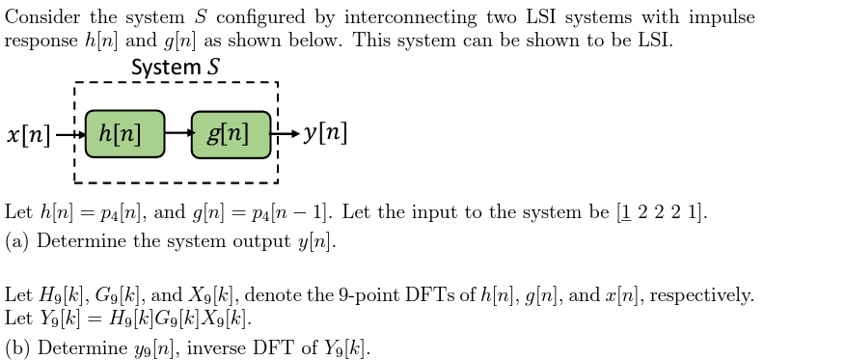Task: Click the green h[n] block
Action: point(124,134)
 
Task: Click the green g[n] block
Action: point(231,134)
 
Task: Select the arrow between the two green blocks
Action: point(177,134)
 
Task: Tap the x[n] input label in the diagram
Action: point(29,134)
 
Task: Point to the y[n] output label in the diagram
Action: point(325,133)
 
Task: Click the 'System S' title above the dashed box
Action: point(175,68)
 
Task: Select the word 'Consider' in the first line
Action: point(41,17)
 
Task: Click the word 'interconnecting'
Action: point(410,17)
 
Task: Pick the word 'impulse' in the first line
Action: point(721,17)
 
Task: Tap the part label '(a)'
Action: point(16,241)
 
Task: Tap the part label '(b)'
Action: point(16,347)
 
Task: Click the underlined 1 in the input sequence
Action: point(624,212)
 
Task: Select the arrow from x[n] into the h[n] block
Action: point(69,134)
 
